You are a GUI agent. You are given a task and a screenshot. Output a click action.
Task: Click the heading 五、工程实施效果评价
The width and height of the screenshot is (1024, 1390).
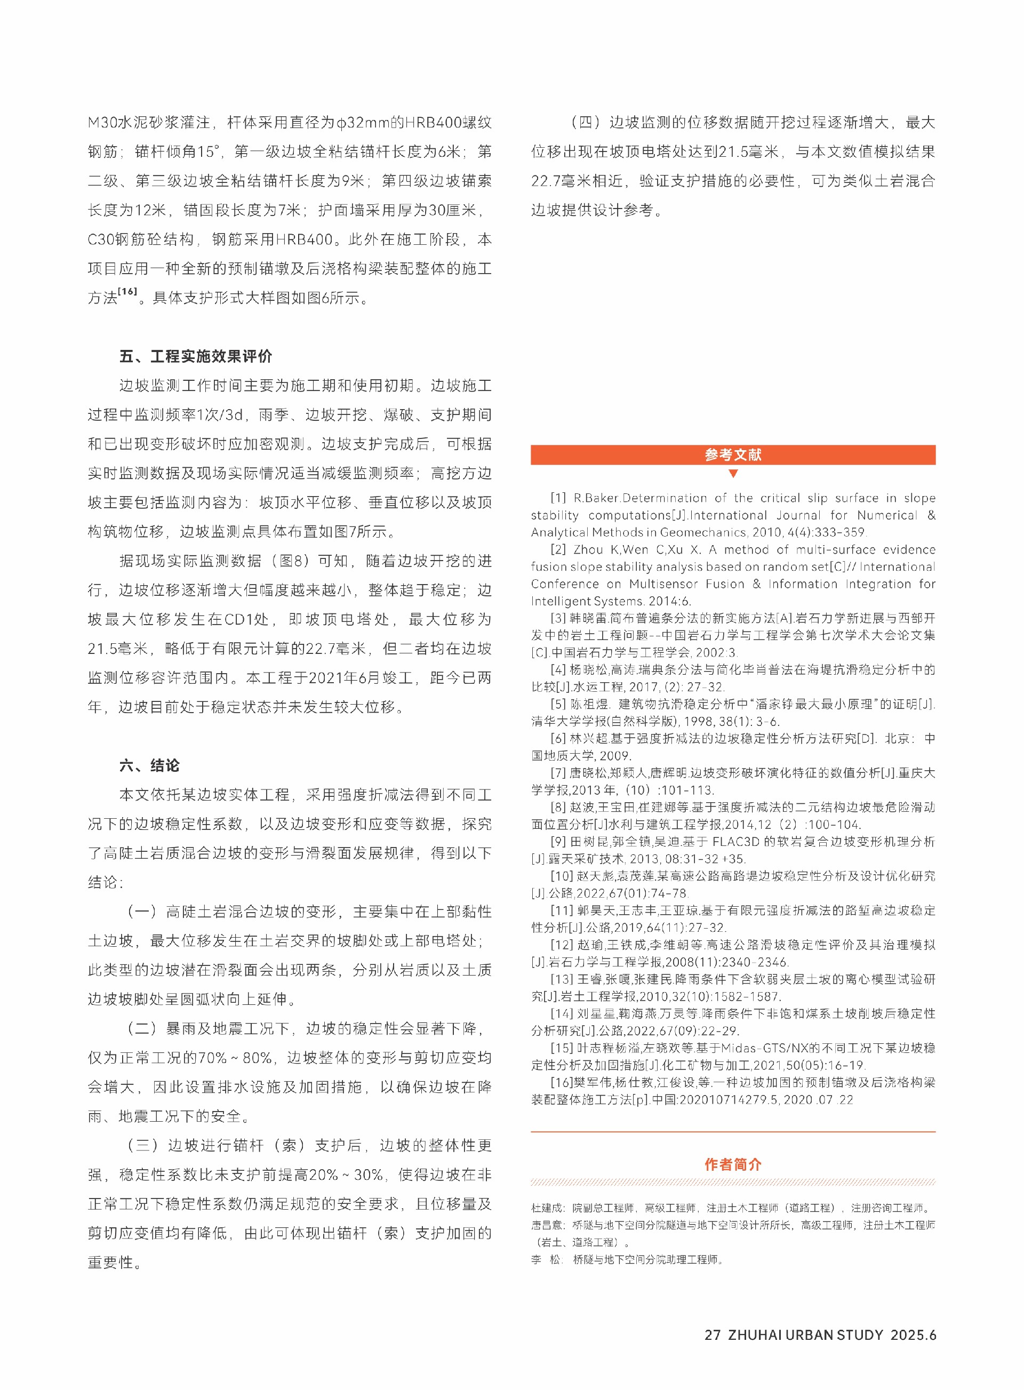click(x=195, y=356)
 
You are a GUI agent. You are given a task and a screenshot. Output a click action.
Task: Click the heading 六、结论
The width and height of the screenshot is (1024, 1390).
click(x=149, y=765)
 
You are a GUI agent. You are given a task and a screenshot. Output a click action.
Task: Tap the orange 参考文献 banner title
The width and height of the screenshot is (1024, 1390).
click(x=733, y=454)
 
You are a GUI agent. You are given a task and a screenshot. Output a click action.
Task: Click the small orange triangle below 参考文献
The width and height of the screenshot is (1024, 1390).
click(x=733, y=474)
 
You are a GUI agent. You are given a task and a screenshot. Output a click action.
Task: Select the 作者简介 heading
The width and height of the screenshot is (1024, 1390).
click(x=733, y=1164)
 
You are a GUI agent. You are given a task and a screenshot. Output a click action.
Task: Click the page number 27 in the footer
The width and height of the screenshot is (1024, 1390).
click(x=712, y=1335)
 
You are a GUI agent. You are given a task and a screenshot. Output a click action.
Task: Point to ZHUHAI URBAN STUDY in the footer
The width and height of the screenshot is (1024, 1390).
click(x=805, y=1335)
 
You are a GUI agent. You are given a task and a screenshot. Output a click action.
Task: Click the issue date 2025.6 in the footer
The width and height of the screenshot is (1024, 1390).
click(x=913, y=1335)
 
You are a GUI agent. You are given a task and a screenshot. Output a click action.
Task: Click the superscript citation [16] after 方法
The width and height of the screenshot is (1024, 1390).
click(x=127, y=291)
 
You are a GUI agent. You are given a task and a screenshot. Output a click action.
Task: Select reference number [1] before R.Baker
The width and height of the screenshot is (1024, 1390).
click(x=558, y=498)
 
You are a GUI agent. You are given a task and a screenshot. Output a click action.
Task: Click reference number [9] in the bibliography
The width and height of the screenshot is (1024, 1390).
click(x=558, y=841)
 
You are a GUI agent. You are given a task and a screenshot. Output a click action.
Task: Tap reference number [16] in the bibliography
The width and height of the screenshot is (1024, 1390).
click(x=562, y=1082)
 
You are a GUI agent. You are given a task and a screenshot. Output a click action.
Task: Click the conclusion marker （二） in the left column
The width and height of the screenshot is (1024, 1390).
click(x=142, y=1028)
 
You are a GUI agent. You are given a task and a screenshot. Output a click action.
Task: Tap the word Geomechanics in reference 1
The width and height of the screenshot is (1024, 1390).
click(x=702, y=532)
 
